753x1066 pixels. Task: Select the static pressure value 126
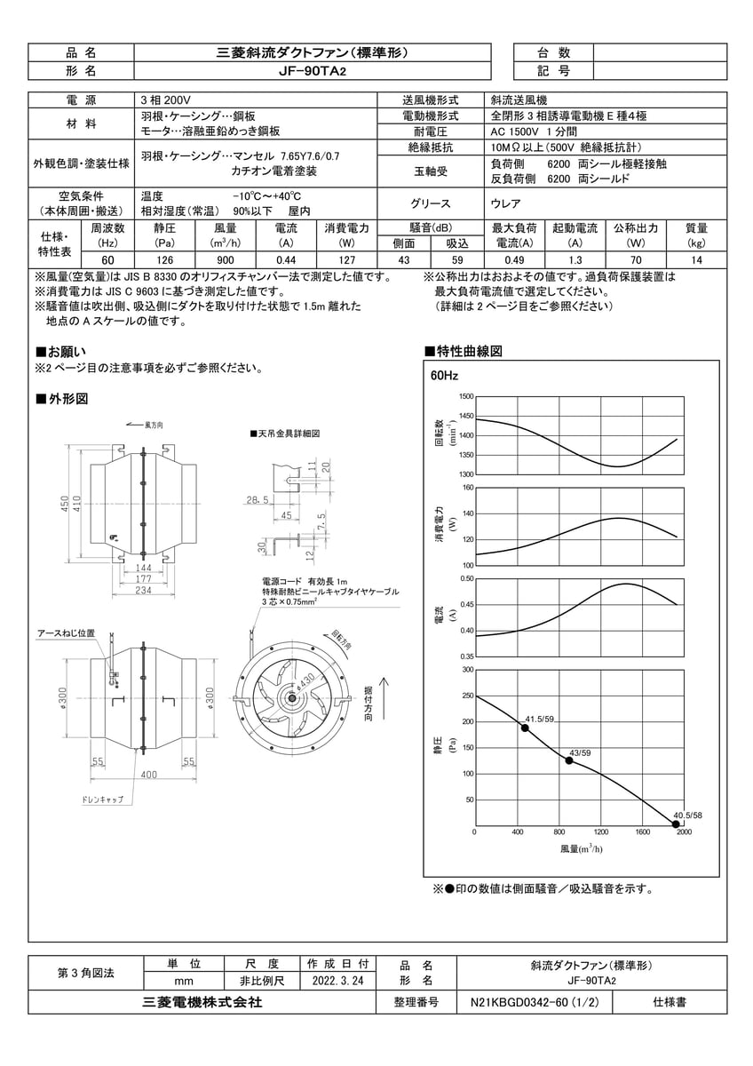[164, 259]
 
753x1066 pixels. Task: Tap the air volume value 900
[225, 259]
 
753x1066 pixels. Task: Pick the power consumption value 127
[346, 259]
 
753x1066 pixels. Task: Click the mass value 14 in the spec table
[696, 259]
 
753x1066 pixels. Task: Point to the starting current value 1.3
[575, 259]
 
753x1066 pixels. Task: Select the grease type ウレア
[506, 203]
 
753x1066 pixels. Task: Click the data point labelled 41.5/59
[525, 728]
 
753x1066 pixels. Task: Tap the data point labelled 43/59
[569, 760]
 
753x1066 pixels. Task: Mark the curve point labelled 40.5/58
[676, 824]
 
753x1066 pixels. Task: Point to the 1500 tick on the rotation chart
[466, 396]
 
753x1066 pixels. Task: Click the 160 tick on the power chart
[466, 488]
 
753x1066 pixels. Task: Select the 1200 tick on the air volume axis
[600, 832]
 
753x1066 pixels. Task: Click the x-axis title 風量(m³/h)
[582, 849]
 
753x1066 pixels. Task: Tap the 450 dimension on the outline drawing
[65, 503]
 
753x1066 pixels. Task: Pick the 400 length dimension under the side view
[148, 775]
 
